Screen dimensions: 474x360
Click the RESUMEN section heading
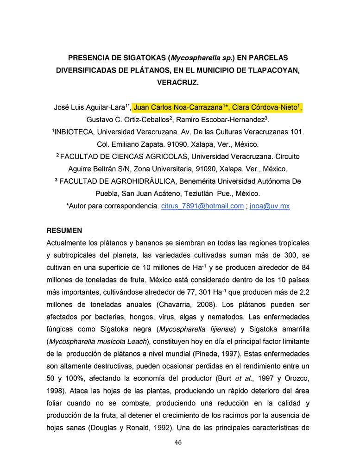click(64, 231)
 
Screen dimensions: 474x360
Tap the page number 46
click(178, 443)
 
